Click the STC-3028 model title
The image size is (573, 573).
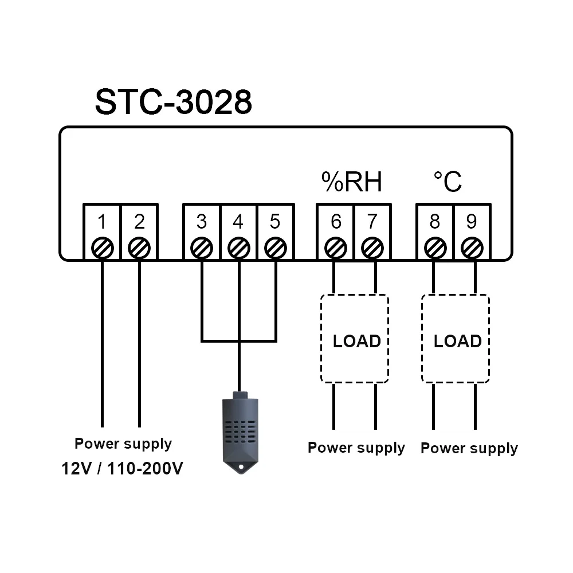(x=173, y=103)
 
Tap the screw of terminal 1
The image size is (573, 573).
(x=102, y=248)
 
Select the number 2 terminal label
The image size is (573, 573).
(x=139, y=221)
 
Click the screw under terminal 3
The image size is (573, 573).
(x=201, y=248)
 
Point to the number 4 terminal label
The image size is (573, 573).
(x=238, y=221)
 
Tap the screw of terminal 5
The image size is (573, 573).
(x=276, y=248)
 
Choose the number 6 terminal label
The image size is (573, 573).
(x=336, y=221)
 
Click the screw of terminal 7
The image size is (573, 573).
(x=372, y=248)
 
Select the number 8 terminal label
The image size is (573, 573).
(x=435, y=221)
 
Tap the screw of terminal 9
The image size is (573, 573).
(x=472, y=248)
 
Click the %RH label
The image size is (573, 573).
(x=351, y=182)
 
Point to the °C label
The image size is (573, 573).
(x=447, y=182)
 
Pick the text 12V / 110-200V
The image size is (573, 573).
(x=123, y=469)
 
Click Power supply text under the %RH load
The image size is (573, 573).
(x=356, y=448)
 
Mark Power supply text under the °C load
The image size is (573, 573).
(x=469, y=448)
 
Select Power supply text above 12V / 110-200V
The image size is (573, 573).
(x=123, y=444)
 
